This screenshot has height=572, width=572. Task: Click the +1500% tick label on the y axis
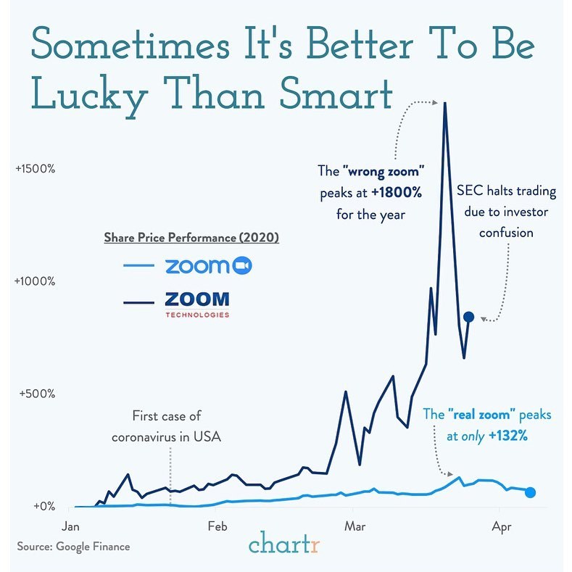(36, 168)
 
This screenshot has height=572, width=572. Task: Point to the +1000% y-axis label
(36, 281)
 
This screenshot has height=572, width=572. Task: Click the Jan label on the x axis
(71, 526)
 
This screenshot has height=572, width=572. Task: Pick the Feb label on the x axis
(217, 526)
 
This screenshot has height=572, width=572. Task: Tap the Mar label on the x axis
(355, 526)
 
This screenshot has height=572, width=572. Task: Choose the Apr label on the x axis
(500, 526)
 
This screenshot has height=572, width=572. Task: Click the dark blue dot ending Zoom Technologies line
(468, 317)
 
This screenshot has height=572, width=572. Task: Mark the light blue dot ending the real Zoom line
(531, 492)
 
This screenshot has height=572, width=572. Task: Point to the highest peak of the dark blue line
(444, 104)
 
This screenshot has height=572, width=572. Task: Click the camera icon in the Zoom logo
(241, 268)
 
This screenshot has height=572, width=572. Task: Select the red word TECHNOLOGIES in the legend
(197, 315)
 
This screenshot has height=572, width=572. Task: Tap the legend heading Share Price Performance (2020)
(191, 238)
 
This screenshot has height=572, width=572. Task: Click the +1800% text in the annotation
(397, 194)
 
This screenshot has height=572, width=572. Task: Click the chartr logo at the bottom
(284, 543)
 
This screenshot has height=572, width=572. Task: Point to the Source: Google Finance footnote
(73, 546)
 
